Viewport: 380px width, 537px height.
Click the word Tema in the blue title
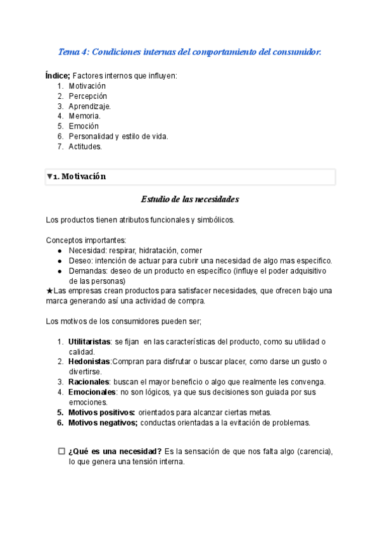point(67,52)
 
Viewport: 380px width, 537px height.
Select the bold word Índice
point(58,76)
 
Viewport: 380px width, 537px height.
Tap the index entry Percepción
point(88,96)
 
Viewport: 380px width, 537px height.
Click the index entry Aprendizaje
point(90,106)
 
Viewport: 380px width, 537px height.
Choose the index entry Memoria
point(85,117)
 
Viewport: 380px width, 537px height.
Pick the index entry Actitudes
point(85,146)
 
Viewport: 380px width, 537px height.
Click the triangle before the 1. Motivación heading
point(49,177)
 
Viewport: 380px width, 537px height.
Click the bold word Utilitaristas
point(89,342)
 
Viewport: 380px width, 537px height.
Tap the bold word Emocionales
point(92,392)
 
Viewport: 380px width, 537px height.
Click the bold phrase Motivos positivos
point(101,412)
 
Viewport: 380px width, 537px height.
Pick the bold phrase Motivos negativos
point(103,422)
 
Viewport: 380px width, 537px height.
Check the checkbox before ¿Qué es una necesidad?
point(61,452)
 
